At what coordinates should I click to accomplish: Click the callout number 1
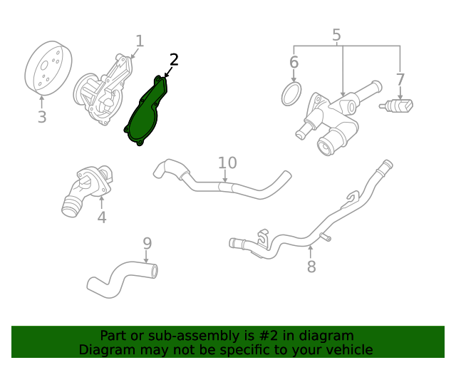tap(140, 41)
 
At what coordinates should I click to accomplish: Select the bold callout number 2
tap(174, 60)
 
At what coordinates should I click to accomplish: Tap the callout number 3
tap(42, 117)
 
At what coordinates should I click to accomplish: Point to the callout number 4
tap(102, 217)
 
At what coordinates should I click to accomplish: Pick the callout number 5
tap(336, 35)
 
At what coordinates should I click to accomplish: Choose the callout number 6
tap(294, 63)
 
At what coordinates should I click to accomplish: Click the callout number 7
tap(400, 79)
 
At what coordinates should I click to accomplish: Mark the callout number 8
tap(311, 267)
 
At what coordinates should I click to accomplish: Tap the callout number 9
tap(147, 243)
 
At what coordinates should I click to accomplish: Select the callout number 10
tap(227, 163)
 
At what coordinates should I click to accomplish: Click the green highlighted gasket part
tap(145, 114)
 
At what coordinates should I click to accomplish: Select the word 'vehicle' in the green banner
tap(348, 349)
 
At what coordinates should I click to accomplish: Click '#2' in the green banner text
tap(249, 335)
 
